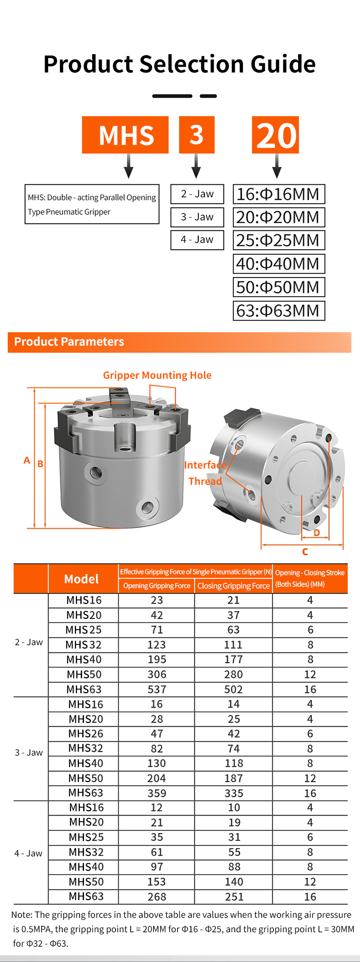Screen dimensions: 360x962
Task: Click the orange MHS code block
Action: [x=125, y=135]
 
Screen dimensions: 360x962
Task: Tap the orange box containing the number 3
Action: [x=197, y=135]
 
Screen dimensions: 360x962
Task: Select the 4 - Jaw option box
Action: [x=197, y=240]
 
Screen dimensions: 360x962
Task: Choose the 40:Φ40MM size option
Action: [x=278, y=264]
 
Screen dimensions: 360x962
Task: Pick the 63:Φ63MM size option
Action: [x=278, y=311]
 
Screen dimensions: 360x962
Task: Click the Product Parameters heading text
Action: [x=69, y=342]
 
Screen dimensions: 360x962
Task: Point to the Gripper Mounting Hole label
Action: [x=157, y=375]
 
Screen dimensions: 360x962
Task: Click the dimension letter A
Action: [x=27, y=460]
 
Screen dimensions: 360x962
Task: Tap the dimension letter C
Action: [x=305, y=552]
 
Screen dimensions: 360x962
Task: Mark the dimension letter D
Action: [x=317, y=533]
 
